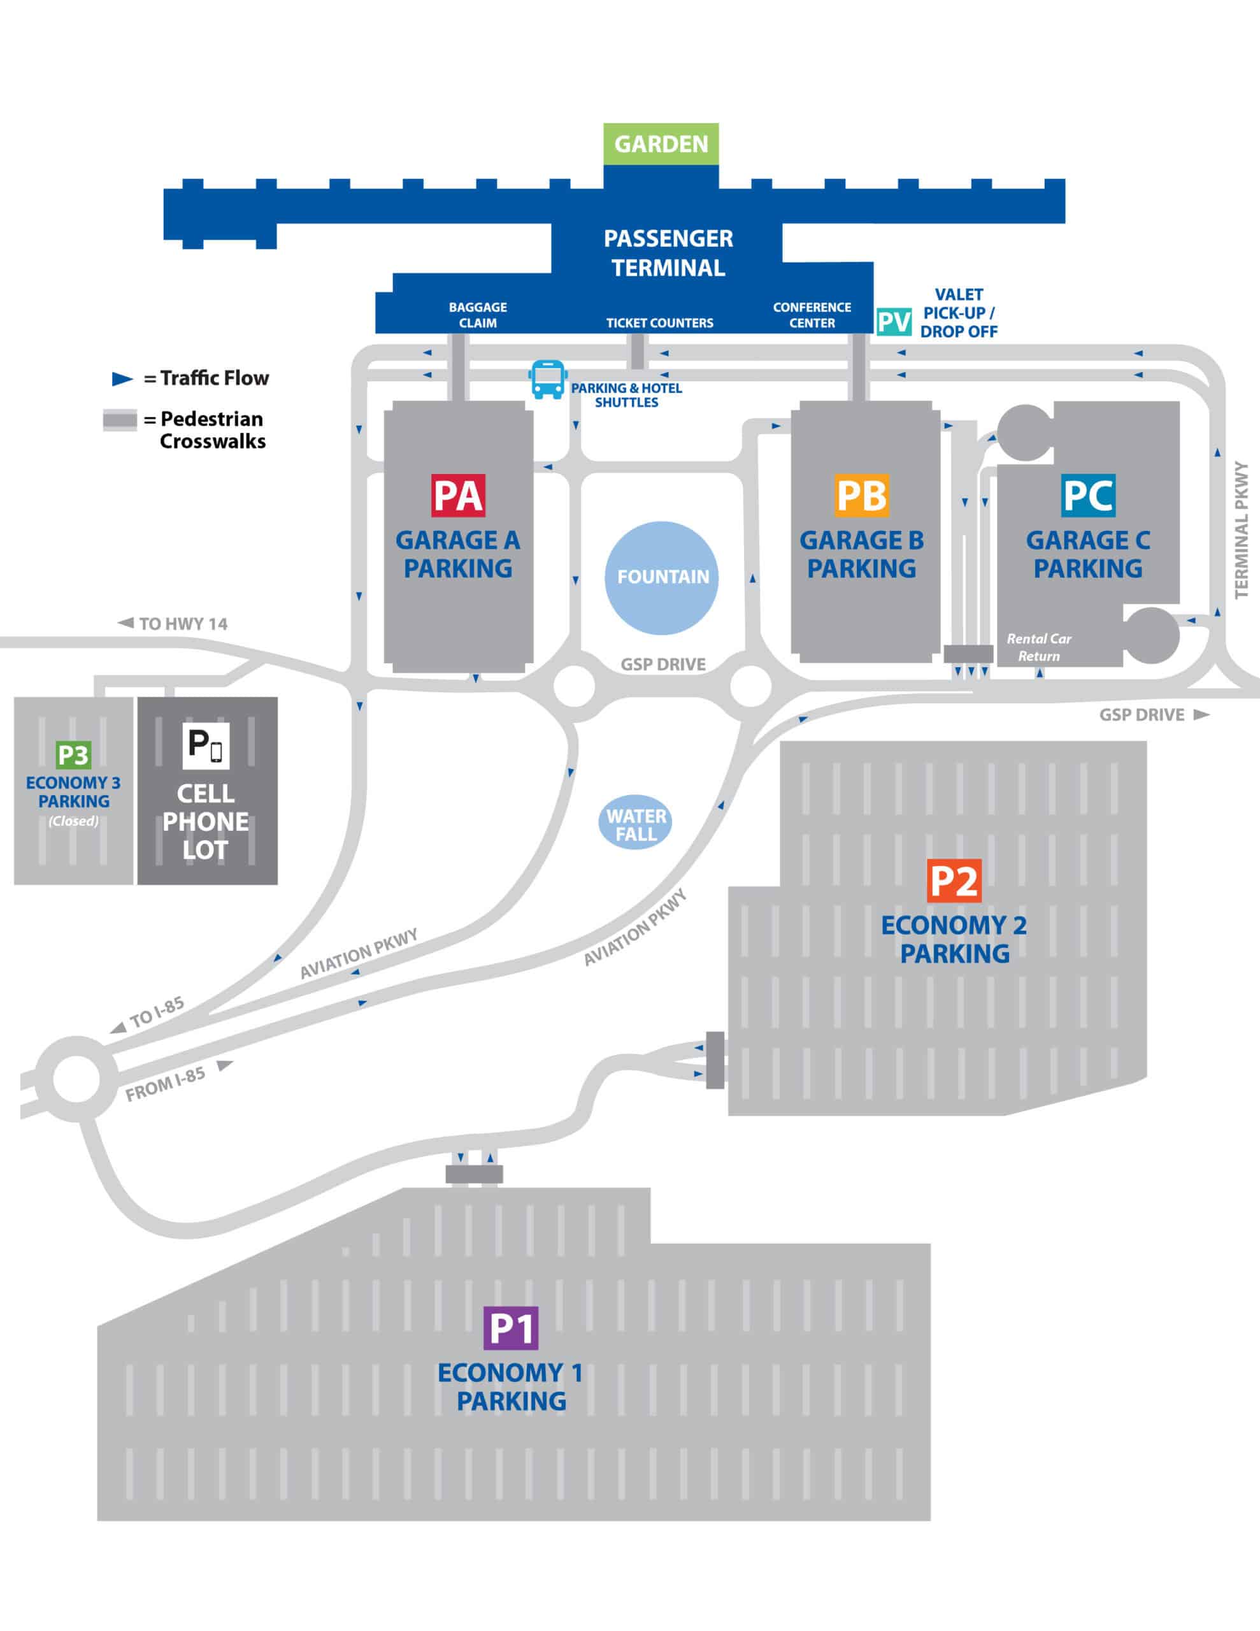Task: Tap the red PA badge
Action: [458, 495]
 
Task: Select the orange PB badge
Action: [861, 495]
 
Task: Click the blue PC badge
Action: [1087, 495]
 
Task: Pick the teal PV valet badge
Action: [893, 322]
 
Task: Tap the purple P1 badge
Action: [511, 1328]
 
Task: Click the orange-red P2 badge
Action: [954, 881]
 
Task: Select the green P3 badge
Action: [73, 755]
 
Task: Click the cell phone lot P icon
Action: [205, 745]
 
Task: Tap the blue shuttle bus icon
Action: [547, 379]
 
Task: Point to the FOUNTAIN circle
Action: [662, 577]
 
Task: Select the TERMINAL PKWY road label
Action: [1241, 529]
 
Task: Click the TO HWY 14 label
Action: [182, 624]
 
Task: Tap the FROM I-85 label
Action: [165, 1084]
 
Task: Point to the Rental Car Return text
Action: [1038, 647]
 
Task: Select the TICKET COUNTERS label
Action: [659, 322]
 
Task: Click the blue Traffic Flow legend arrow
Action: [122, 378]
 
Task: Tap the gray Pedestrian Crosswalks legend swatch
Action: [120, 420]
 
